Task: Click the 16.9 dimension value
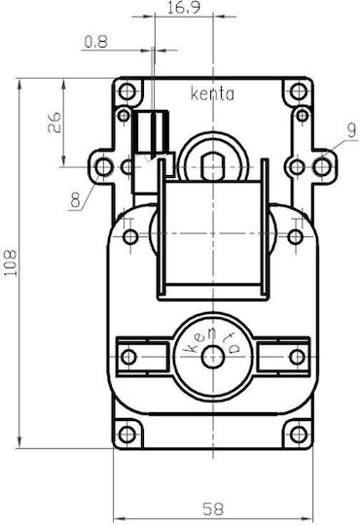[183, 8]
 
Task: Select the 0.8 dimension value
[96, 42]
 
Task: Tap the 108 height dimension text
[11, 262]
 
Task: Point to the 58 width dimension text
[212, 509]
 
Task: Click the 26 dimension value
[54, 122]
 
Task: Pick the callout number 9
[351, 130]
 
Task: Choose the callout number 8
[76, 200]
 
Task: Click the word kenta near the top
[212, 94]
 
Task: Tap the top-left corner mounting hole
[127, 90]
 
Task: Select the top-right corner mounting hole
[299, 90]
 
